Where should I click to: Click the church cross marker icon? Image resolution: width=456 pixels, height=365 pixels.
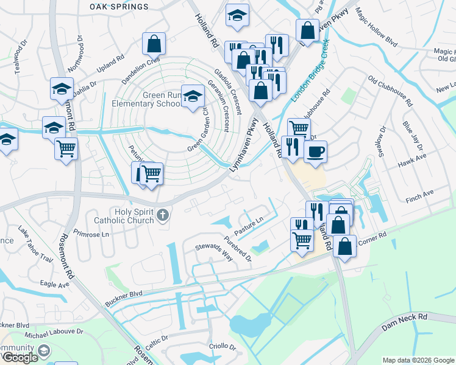(162, 215)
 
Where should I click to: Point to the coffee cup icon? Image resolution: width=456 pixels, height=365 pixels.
(315, 151)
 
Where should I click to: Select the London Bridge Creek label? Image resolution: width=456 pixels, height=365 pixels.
(310, 69)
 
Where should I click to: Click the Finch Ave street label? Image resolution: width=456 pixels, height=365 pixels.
(419, 193)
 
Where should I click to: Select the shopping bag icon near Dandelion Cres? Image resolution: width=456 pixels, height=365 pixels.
(154, 43)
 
